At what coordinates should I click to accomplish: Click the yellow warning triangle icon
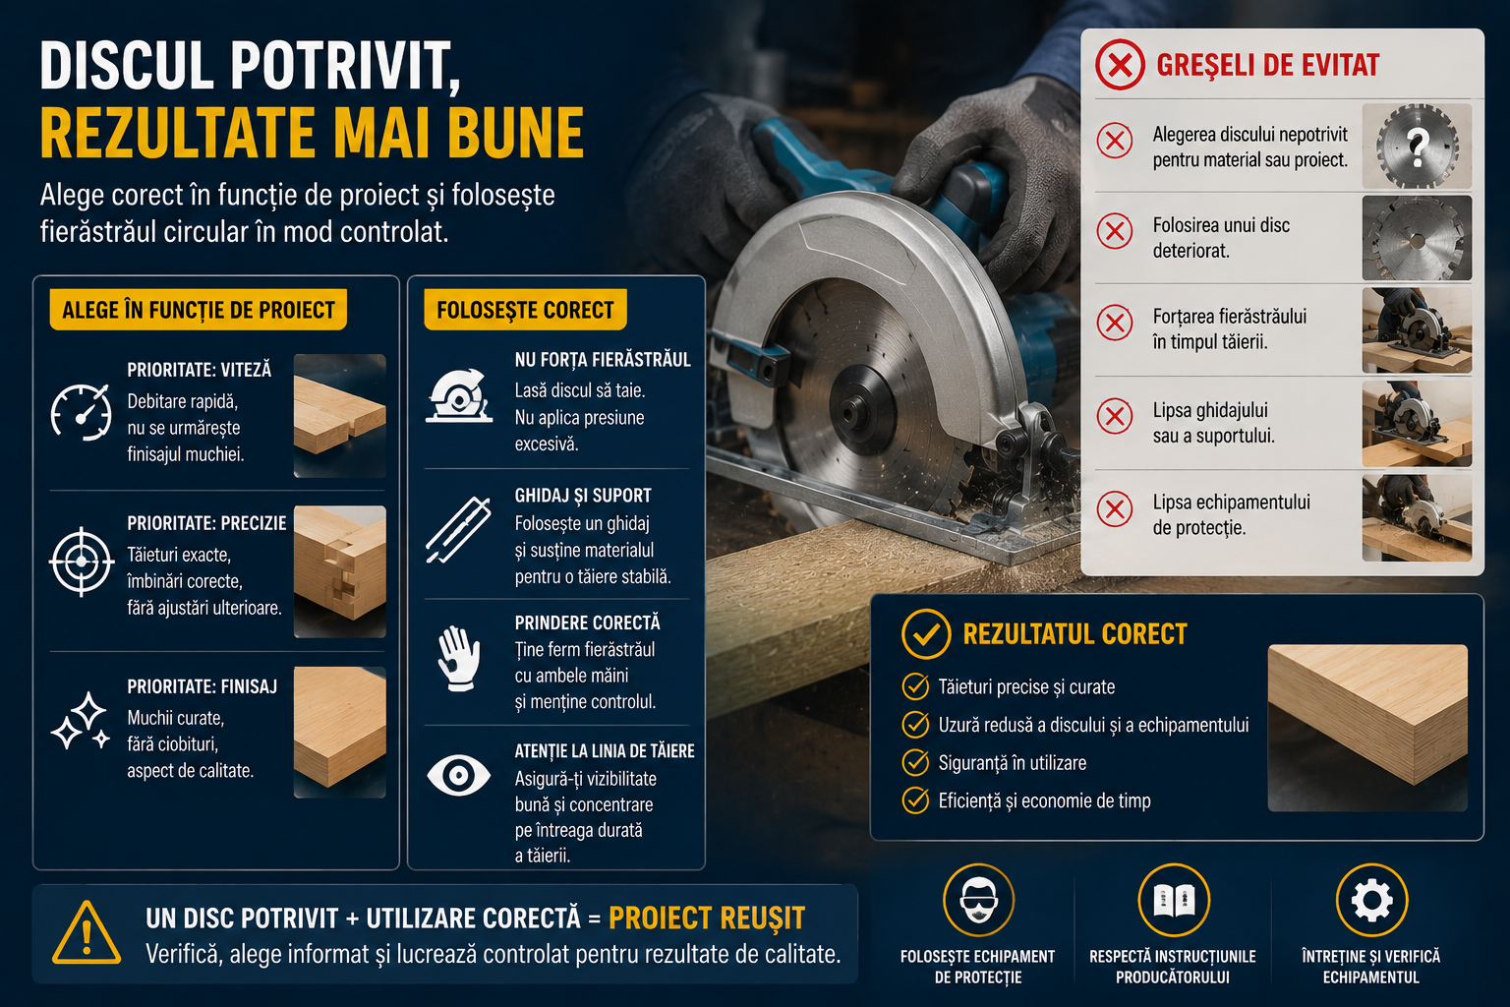(x=87, y=933)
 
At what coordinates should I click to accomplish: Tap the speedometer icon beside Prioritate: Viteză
(x=82, y=412)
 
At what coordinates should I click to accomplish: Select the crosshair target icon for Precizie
(x=82, y=562)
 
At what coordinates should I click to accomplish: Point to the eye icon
(x=458, y=775)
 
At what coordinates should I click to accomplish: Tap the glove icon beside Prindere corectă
(x=459, y=658)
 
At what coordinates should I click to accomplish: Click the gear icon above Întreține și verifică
(x=1371, y=901)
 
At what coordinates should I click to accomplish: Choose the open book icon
(x=1174, y=901)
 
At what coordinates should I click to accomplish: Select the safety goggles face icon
(x=978, y=901)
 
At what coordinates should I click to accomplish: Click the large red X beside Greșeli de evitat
(x=1120, y=66)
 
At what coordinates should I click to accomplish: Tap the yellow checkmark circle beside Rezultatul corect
(x=926, y=634)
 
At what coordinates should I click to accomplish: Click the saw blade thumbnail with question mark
(x=1417, y=146)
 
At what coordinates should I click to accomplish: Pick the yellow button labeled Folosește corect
(x=525, y=310)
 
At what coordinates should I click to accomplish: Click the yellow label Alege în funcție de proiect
(x=199, y=310)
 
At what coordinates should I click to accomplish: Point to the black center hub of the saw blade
(x=863, y=409)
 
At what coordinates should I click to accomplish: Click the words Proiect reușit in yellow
(x=707, y=918)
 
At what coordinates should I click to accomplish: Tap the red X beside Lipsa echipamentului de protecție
(x=1114, y=509)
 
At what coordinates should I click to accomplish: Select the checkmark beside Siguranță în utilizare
(x=915, y=762)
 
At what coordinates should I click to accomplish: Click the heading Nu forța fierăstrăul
(x=603, y=360)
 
